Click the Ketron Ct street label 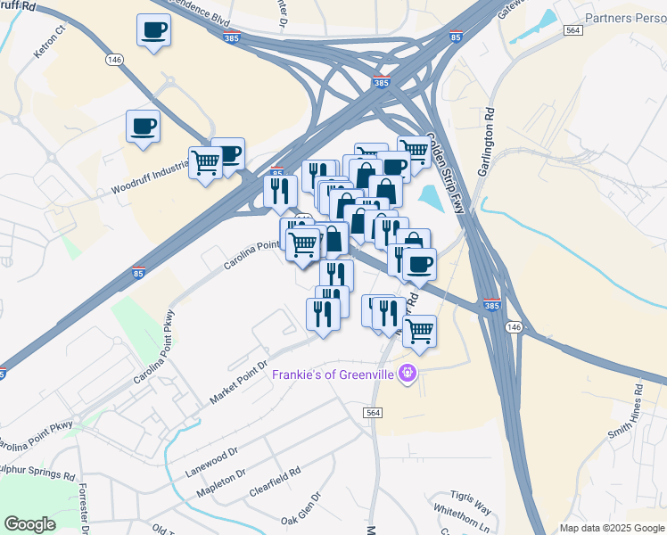[51, 42]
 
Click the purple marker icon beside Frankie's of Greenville [408, 374]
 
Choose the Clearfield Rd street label [276, 481]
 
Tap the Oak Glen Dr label [301, 509]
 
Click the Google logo [29, 524]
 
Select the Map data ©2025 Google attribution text [611, 528]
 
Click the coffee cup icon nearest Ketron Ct [154, 32]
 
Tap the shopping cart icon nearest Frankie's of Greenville [419, 332]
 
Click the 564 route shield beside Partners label [573, 30]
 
